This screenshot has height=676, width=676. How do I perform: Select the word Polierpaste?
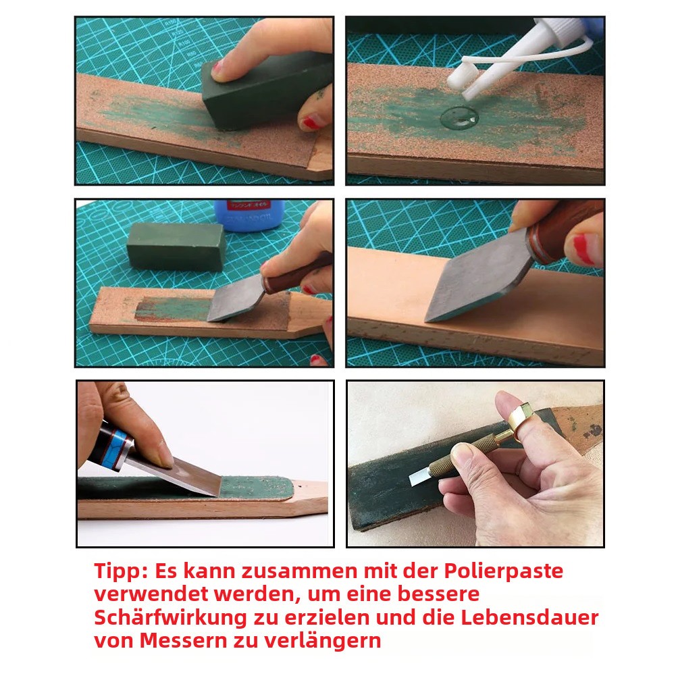[504, 572]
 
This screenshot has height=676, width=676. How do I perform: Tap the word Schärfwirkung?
[170, 617]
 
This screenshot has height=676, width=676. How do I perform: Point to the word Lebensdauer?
[529, 617]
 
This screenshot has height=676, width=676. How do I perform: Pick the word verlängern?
[323, 641]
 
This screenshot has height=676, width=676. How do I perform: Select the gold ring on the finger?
[521, 417]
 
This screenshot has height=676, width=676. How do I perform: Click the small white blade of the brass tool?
[420, 477]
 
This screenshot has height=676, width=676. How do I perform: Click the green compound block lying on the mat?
[176, 246]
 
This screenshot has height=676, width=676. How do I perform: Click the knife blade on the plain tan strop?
[479, 280]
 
